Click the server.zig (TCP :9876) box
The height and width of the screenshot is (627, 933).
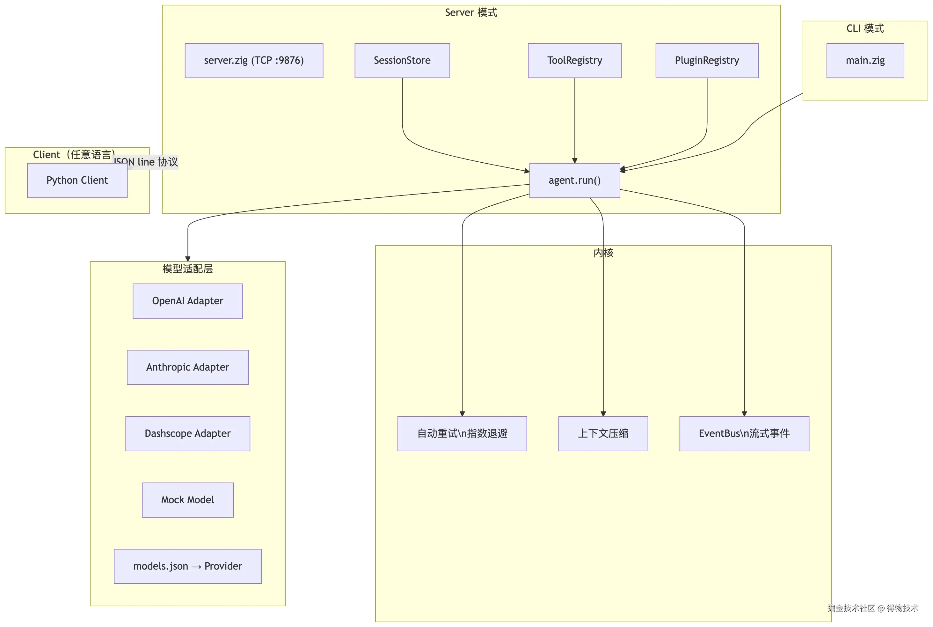coord(254,60)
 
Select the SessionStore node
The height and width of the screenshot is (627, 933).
coord(402,60)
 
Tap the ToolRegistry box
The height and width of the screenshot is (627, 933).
coord(575,60)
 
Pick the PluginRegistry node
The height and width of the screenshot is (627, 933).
coord(707,60)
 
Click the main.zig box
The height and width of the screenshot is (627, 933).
coord(865,60)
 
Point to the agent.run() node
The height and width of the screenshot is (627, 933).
coord(575,180)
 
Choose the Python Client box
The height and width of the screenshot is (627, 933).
coord(77,180)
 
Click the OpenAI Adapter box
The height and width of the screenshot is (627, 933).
coord(188,301)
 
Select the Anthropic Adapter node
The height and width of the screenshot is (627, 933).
coord(188,367)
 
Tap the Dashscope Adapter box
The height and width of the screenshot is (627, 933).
coord(188,434)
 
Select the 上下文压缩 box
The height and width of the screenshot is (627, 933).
coord(603,434)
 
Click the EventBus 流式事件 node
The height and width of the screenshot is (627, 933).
coord(744,434)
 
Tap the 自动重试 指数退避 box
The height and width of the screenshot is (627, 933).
coord(462,434)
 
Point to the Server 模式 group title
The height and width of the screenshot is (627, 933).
coord(471,13)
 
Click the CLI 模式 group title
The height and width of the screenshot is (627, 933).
coord(865,28)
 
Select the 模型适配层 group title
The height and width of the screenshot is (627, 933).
coord(188,269)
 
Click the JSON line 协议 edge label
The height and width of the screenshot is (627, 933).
coord(146,162)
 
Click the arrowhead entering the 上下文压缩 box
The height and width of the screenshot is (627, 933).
coord(603,414)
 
